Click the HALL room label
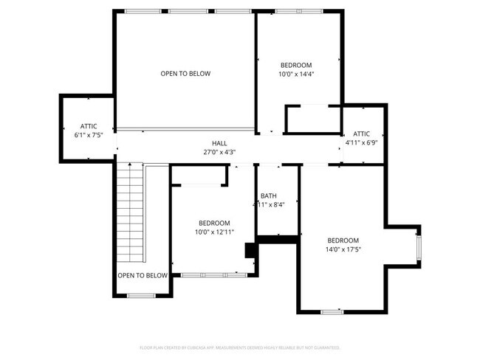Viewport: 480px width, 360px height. coord(219,143)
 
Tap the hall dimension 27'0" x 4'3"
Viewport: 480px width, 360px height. coord(219,152)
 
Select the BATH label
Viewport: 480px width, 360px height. coord(268,195)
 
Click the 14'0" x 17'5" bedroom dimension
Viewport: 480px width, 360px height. coord(343,250)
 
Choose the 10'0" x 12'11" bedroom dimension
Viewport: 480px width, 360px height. coord(213,232)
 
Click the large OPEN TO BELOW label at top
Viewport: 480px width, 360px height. coord(185,74)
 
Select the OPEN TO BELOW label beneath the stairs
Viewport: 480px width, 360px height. coord(142,275)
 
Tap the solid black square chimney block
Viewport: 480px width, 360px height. coord(251,250)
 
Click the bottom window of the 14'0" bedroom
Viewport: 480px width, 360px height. coord(332,311)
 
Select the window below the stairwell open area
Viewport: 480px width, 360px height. coord(140,296)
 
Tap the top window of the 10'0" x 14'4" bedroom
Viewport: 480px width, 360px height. coord(298,11)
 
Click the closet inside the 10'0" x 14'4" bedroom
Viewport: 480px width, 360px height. coord(312,120)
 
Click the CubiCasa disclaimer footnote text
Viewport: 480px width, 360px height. coord(240,347)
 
